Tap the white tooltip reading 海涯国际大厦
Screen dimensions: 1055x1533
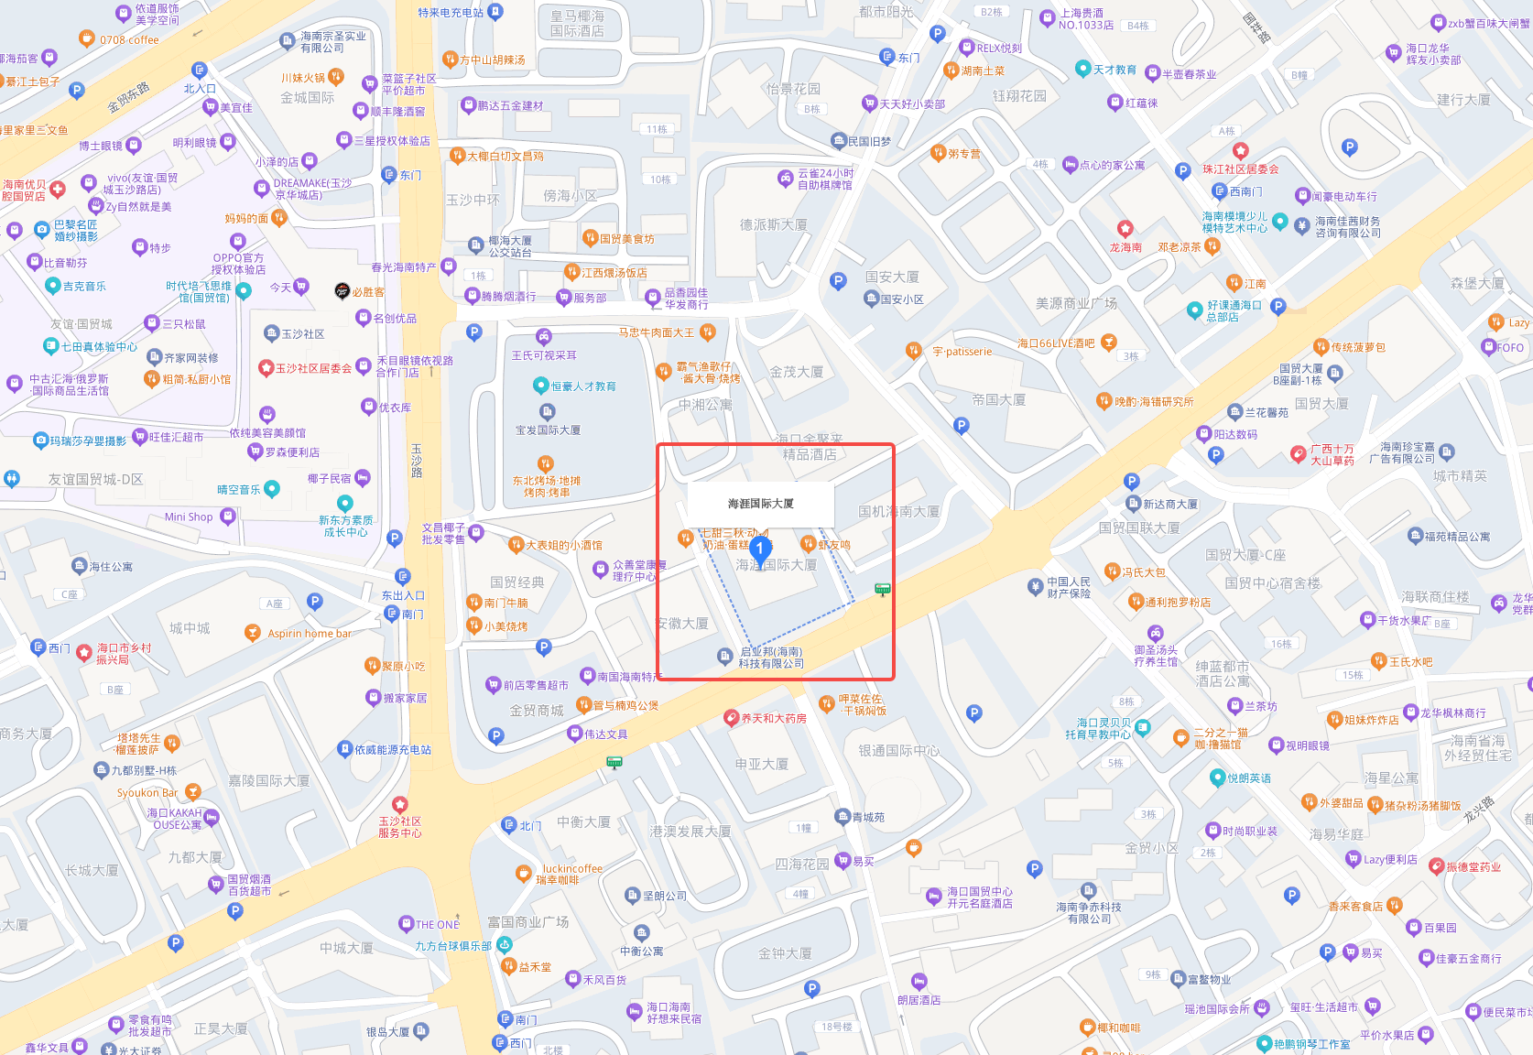tap(760, 504)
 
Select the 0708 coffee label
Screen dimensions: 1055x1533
tap(129, 40)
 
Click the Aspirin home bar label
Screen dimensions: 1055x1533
tap(309, 634)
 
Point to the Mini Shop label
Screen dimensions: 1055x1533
tap(189, 517)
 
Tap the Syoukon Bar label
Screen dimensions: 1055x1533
tap(147, 793)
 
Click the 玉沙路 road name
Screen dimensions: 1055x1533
tap(417, 461)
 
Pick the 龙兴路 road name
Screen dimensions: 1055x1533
tap(1477, 810)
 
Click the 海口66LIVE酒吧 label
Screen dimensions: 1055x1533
tap(1056, 343)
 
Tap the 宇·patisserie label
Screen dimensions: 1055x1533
tap(962, 352)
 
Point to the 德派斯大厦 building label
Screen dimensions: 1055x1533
tap(774, 224)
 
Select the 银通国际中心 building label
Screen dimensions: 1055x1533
tap(898, 751)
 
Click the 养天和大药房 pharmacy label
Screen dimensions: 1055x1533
tap(773, 719)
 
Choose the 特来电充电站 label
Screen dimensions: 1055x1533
tap(451, 13)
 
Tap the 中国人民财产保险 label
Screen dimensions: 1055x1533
tap(1069, 588)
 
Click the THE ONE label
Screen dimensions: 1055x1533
tap(437, 925)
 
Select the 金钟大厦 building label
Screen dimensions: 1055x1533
tap(785, 953)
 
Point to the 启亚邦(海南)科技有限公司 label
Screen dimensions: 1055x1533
tap(771, 658)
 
